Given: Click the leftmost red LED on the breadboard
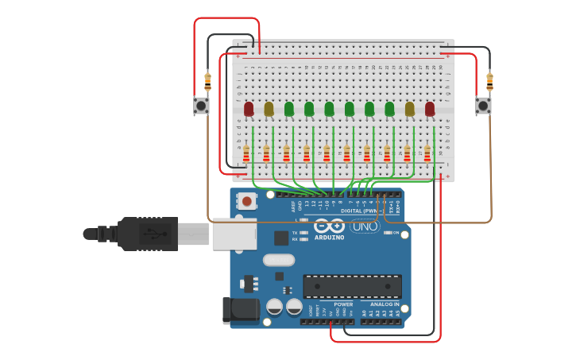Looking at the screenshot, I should pyautogui.click(x=249, y=109).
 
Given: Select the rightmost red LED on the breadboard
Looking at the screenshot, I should pyautogui.click(x=430, y=109).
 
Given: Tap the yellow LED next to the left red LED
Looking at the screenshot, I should pyautogui.click(x=269, y=109).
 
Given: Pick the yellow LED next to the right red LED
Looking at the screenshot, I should pyautogui.click(x=410, y=109).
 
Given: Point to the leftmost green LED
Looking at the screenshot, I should pyautogui.click(x=289, y=109).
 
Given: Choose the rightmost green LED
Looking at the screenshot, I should pyautogui.click(x=389, y=109).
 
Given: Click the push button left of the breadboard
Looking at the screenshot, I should pyautogui.click(x=201, y=105).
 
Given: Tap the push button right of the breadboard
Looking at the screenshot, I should pyautogui.click(x=483, y=105).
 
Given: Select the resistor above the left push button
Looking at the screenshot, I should pyautogui.click(x=208, y=80).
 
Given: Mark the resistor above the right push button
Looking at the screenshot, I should pyautogui.click(x=489, y=80).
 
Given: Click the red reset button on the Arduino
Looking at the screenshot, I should pyautogui.click(x=247, y=202).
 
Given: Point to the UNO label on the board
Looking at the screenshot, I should pyautogui.click(x=365, y=226).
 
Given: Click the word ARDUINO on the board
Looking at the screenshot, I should pyautogui.click(x=328, y=237).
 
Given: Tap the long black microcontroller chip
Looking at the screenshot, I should pyautogui.click(x=352, y=286).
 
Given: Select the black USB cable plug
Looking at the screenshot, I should pyautogui.click(x=148, y=234).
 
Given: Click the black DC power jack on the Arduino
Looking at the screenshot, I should pyautogui.click(x=242, y=310).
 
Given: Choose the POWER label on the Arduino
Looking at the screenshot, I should pyautogui.click(x=343, y=304).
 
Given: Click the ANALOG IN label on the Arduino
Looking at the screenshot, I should pyautogui.click(x=385, y=304).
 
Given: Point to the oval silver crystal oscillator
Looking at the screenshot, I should pyautogui.click(x=278, y=259).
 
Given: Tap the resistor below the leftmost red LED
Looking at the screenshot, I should pyautogui.click(x=246, y=153).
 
